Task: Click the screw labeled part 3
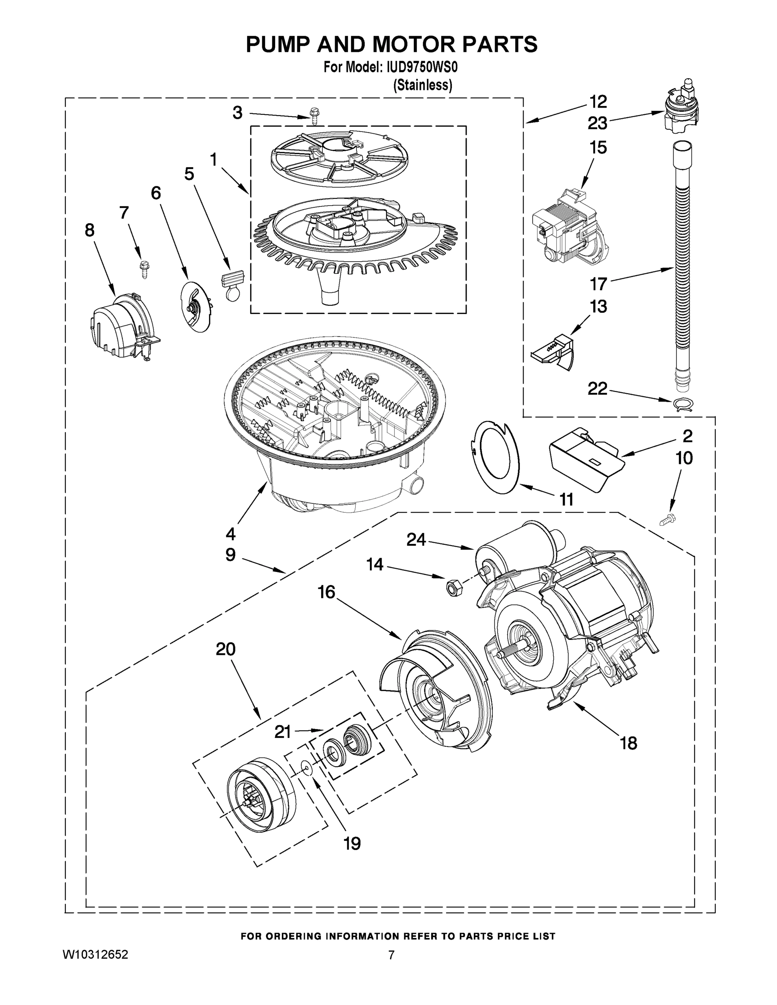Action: point(315,116)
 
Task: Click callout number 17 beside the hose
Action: point(599,283)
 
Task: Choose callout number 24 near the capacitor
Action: point(416,539)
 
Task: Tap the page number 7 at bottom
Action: point(391,955)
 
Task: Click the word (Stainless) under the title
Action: point(422,85)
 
